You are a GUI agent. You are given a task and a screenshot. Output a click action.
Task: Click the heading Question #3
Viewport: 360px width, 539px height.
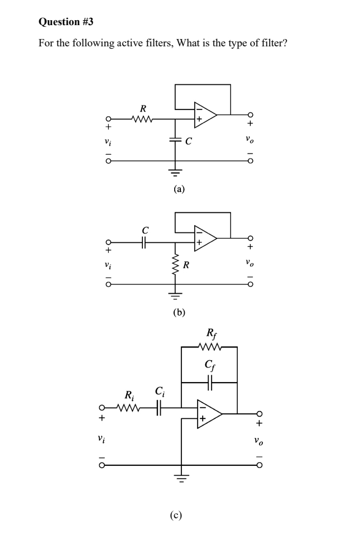point(66,22)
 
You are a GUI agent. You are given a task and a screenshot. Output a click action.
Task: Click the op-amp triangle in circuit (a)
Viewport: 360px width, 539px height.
point(204,115)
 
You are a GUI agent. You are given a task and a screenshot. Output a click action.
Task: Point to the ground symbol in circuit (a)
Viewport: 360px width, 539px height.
point(175,171)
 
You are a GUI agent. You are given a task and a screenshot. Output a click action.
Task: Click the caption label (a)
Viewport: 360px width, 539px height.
point(178,189)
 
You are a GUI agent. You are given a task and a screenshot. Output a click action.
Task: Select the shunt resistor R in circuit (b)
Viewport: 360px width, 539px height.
point(175,264)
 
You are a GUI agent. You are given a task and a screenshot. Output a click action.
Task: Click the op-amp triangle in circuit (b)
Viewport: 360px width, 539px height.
point(204,238)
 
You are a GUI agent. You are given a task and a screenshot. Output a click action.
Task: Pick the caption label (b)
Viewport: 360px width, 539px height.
point(178,312)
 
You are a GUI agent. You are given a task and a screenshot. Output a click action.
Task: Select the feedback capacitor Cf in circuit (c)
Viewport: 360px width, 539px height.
point(209,383)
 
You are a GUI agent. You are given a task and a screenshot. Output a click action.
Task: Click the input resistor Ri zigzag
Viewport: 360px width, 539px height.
point(129,408)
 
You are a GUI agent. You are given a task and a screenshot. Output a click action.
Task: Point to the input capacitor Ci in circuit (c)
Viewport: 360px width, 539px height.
point(159,408)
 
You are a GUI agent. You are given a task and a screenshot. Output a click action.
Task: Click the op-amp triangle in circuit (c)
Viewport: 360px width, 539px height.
point(209,414)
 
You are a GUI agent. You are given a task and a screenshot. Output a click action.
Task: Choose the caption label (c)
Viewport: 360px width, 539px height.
point(176,515)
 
